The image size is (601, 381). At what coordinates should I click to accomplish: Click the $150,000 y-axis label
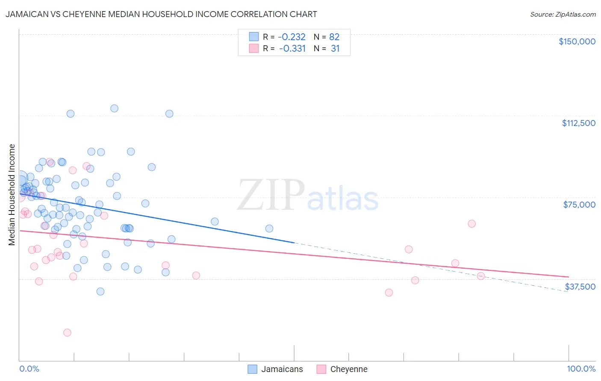(x=577, y=41)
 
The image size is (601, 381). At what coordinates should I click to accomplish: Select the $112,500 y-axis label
(x=578, y=123)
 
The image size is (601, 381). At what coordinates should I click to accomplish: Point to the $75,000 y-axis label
(x=579, y=205)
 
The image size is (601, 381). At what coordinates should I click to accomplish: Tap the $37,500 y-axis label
(x=580, y=287)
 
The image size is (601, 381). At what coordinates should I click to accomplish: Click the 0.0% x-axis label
(x=29, y=369)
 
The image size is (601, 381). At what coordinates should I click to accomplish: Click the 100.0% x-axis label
(x=581, y=369)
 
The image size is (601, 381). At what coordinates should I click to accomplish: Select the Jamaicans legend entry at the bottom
(x=276, y=369)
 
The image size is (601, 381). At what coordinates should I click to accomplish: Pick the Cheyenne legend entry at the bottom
(x=342, y=369)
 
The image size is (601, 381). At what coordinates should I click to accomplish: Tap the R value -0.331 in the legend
(x=292, y=48)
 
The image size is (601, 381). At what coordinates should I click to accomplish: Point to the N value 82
(x=334, y=37)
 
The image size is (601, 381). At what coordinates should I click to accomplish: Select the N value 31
(x=335, y=48)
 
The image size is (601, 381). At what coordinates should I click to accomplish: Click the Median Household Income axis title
(x=12, y=195)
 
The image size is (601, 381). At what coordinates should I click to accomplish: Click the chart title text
(x=161, y=14)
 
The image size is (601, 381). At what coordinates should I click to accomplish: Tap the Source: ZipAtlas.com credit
(x=563, y=14)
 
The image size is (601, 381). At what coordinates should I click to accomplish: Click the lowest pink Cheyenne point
(x=67, y=332)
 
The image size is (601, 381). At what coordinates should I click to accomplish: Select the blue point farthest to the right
(x=269, y=229)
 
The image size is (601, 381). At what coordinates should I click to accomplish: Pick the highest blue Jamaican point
(x=114, y=108)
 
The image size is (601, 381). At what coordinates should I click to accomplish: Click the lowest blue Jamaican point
(x=100, y=291)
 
